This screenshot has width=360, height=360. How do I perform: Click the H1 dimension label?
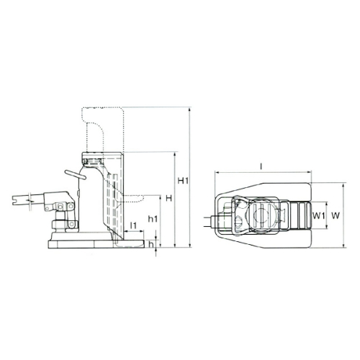pyautogui.click(x=182, y=180)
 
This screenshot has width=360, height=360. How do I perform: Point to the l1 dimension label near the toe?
pyautogui.click(x=132, y=225)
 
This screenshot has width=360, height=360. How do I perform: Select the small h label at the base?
pyautogui.click(x=150, y=244)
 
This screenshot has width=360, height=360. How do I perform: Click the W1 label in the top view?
pyautogui.click(x=320, y=215)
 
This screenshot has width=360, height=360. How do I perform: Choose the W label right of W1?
pyautogui.click(x=335, y=215)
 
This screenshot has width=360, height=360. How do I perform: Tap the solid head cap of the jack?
pyautogui.click(x=101, y=158)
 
